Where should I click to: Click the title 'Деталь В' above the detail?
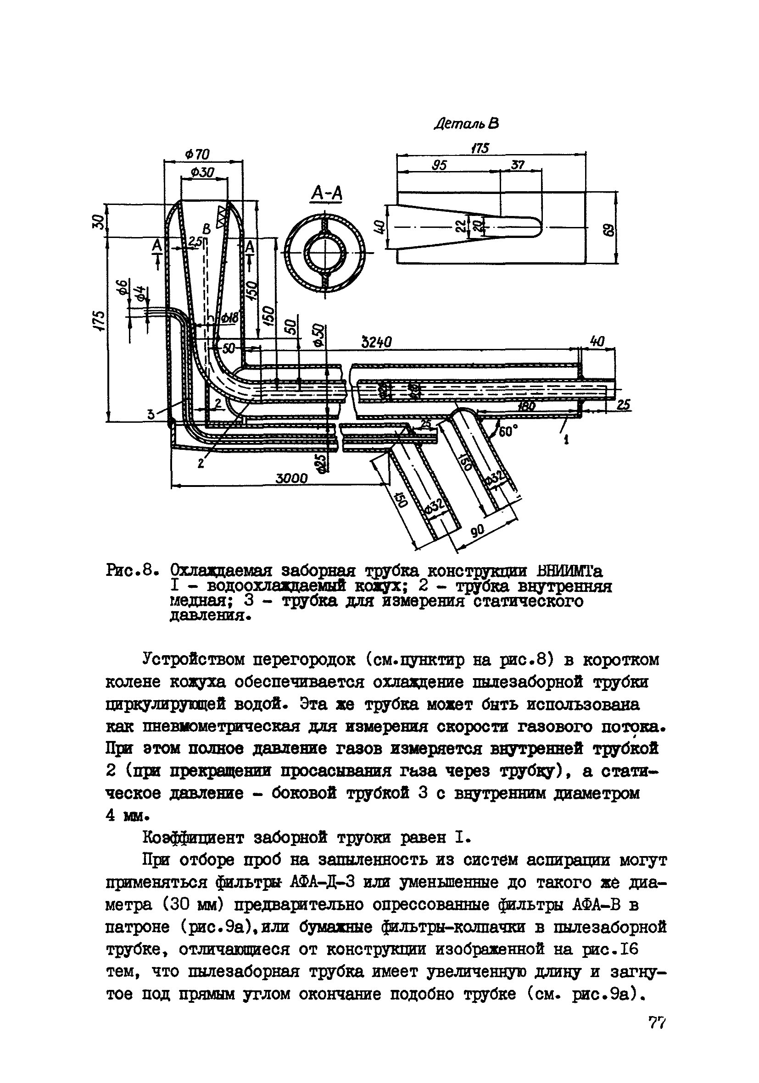(466, 124)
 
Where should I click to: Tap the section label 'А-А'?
(326, 194)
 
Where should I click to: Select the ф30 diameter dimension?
(202, 173)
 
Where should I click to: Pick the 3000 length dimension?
(291, 479)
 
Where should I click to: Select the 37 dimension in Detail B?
(517, 165)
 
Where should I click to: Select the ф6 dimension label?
(122, 287)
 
